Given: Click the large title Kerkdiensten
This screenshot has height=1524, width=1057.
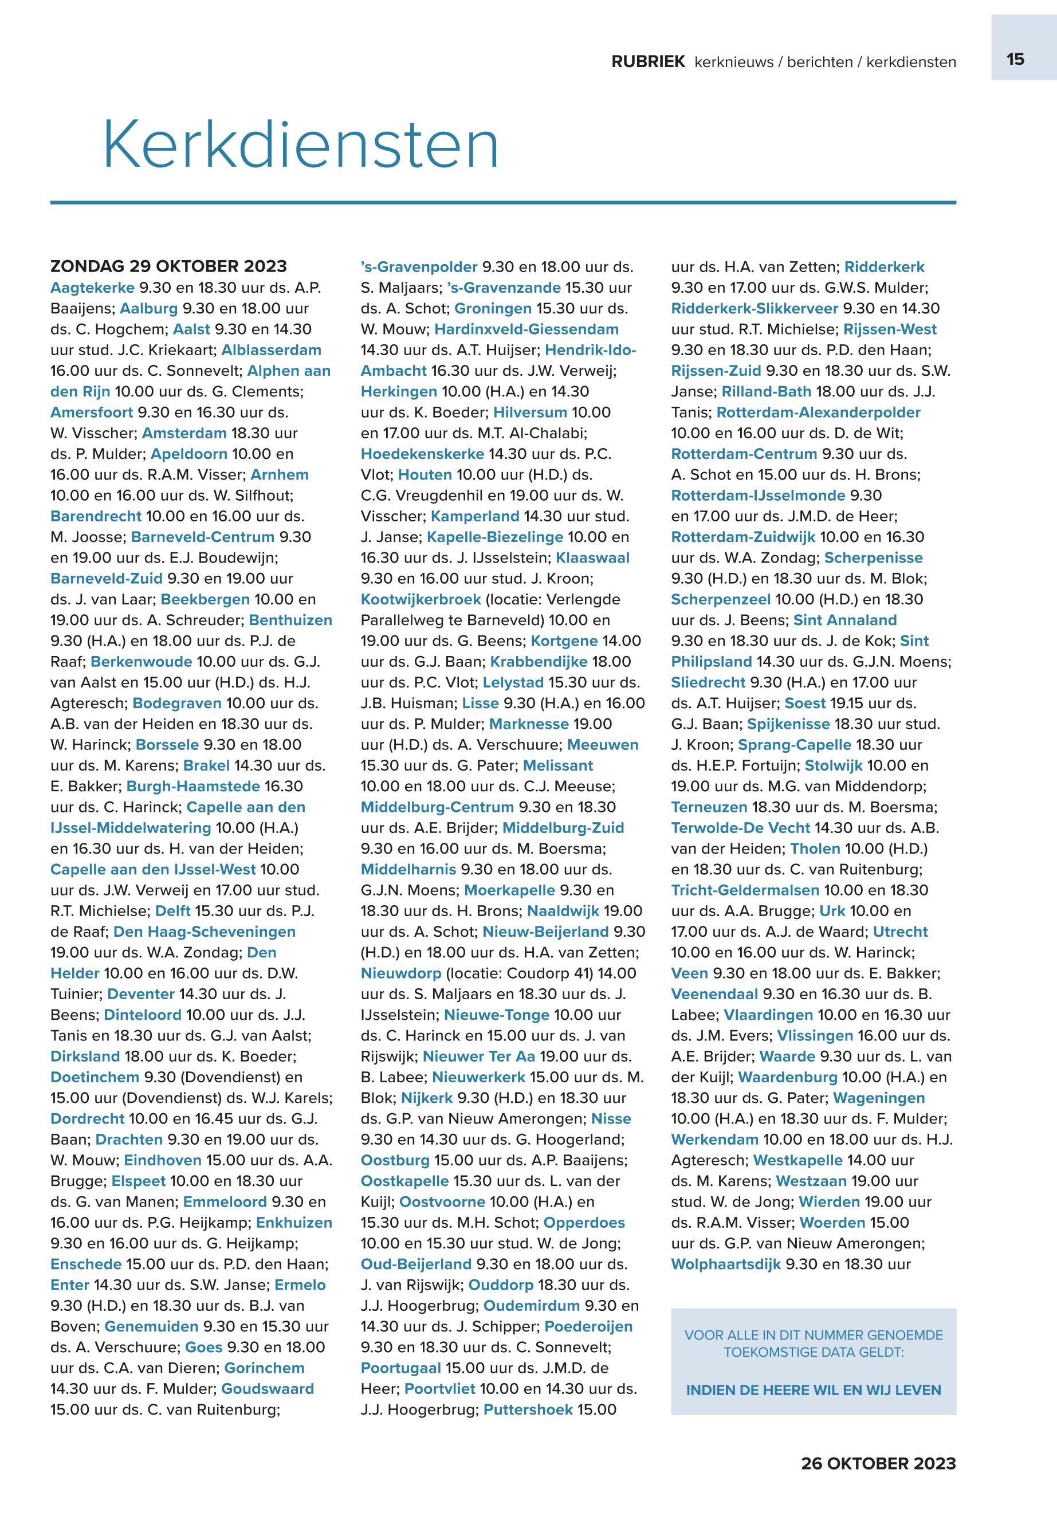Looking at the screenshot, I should [301, 144].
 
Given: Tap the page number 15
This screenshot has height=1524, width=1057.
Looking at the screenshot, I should [1015, 60].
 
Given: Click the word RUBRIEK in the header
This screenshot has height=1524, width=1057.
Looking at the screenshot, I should [648, 62].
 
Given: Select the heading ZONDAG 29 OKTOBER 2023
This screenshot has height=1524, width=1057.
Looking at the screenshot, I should [168, 266].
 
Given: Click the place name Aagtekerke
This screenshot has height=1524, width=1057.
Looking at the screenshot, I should [92, 288].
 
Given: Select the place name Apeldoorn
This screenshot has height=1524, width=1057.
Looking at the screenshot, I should [188, 454].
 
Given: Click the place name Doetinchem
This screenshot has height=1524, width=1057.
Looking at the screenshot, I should [95, 1077].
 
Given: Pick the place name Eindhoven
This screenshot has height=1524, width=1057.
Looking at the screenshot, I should [162, 1160].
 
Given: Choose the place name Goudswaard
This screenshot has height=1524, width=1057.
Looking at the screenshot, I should [268, 1388].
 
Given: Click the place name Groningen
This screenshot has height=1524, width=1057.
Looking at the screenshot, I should [493, 308].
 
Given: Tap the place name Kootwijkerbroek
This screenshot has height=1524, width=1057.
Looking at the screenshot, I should [421, 599].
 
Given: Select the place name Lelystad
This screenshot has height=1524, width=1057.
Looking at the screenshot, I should [513, 682].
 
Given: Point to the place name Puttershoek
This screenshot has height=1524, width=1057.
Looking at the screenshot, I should [528, 1409].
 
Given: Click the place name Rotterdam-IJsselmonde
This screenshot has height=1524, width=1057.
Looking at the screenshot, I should [757, 496].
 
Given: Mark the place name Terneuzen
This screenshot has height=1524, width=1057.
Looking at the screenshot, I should [709, 807].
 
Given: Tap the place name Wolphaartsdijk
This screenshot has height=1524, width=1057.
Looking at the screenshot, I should [726, 1264].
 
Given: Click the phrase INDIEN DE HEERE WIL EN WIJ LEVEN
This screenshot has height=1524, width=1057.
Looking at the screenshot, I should [814, 1389].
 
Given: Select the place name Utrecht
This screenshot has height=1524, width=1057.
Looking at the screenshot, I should [900, 931].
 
